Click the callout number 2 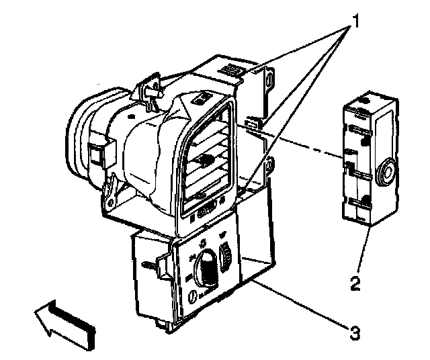[355, 283]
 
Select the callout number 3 [355, 332]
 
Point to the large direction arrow [65, 324]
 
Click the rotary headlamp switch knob [205, 267]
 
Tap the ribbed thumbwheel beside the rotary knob [225, 257]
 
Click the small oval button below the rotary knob [193, 297]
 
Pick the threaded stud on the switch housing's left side [150, 265]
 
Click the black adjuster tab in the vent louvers [206, 160]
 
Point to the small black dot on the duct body [132, 116]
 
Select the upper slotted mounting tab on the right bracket [269, 79]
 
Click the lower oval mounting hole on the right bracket [269, 165]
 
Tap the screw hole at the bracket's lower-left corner [110, 203]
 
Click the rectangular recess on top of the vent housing [202, 98]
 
